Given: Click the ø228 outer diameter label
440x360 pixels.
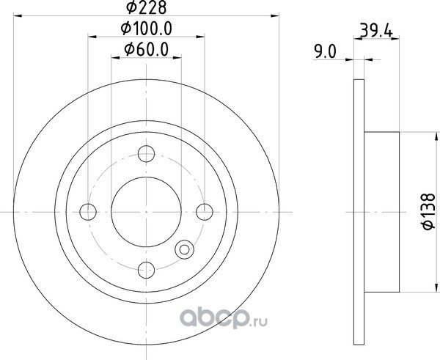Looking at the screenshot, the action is click(147, 7).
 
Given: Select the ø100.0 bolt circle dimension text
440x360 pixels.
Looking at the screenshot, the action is click(146, 29).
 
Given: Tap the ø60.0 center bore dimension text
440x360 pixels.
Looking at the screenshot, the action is click(147, 49).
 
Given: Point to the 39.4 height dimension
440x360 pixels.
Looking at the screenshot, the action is click(375, 31).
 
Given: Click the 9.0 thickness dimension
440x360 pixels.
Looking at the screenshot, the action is click(325, 52).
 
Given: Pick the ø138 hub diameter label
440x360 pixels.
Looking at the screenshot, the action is click(429, 211).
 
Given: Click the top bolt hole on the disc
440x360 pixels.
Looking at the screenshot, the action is click(146, 154).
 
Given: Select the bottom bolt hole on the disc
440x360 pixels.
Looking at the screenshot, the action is click(146, 270).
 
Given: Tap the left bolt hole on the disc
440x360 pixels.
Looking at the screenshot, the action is click(88, 212).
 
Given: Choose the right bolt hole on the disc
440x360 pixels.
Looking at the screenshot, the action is click(205, 212).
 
